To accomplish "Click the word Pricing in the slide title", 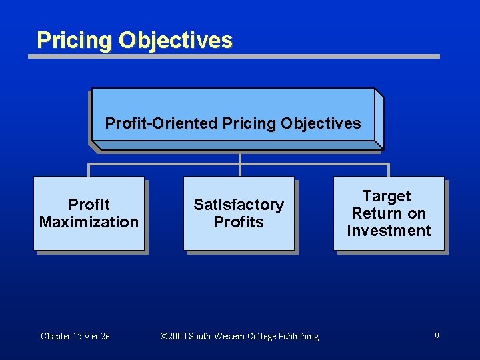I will [x=75, y=40].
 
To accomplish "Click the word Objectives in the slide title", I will [x=175, y=40].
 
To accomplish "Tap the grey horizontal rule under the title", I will [x=233, y=57].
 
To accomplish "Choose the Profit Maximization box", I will [x=89, y=213].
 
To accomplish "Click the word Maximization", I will [x=89, y=222].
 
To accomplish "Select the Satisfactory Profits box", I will [x=239, y=213].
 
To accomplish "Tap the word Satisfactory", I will [x=239, y=205].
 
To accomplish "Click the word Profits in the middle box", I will [x=239, y=222].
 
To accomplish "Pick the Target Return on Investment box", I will [x=389, y=213].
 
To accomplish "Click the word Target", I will [x=387, y=196].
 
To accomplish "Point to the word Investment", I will [x=389, y=231].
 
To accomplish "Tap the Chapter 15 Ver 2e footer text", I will [x=75, y=336].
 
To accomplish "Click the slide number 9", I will [x=437, y=336].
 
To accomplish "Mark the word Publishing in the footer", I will [x=298, y=336].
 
